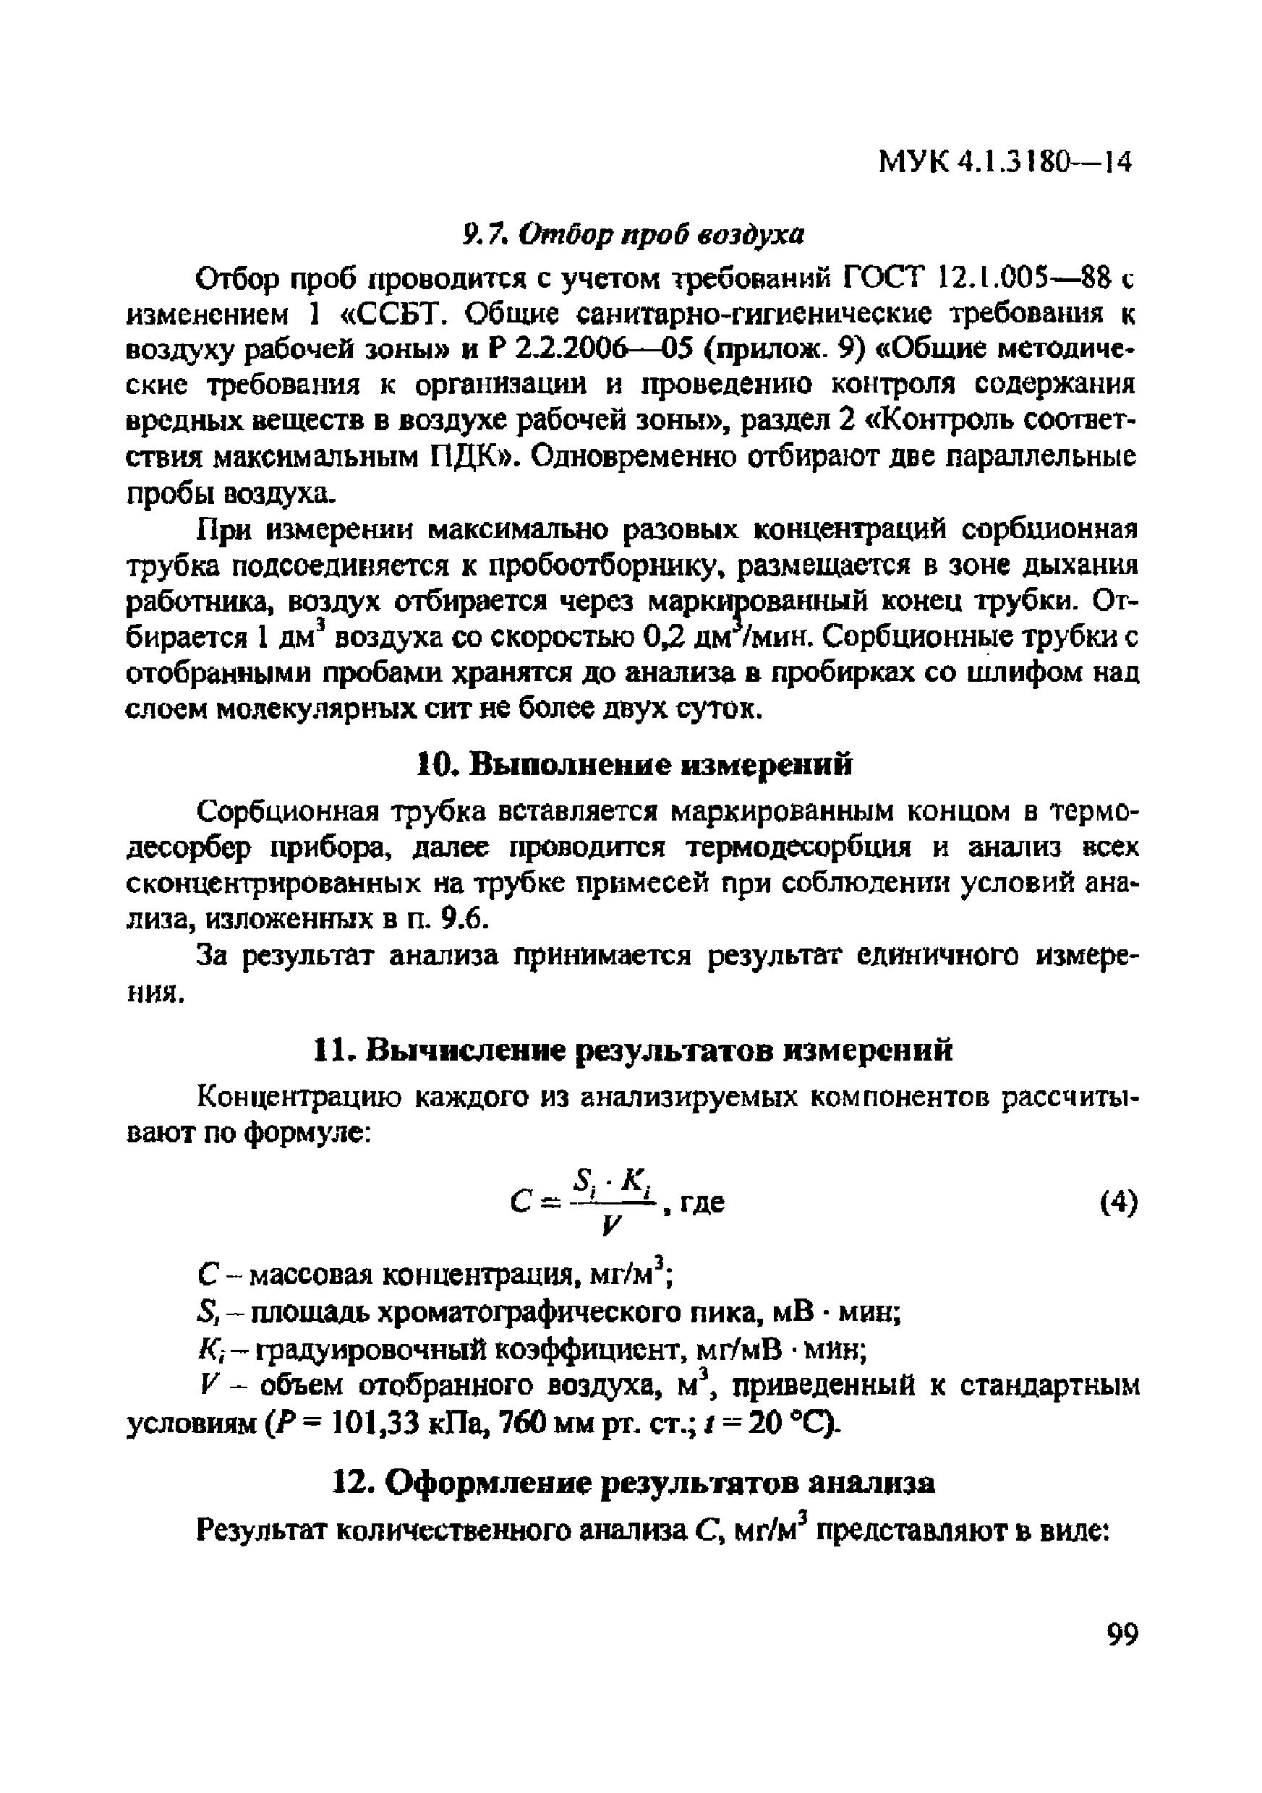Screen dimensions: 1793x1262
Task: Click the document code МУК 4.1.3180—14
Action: coord(1005,163)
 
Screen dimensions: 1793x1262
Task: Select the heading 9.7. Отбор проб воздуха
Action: coord(633,234)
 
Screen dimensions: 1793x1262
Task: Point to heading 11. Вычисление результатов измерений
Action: coord(633,1050)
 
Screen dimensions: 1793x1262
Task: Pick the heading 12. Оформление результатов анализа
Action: coord(634,1482)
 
